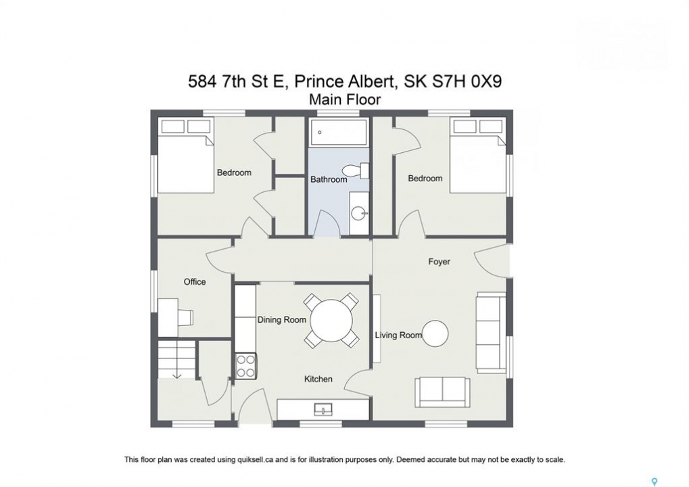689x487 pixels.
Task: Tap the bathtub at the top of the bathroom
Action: click(339, 132)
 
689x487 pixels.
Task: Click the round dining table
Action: click(331, 321)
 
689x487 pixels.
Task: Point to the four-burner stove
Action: click(245, 366)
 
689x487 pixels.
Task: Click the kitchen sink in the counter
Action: click(323, 410)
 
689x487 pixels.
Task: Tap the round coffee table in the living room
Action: click(435, 333)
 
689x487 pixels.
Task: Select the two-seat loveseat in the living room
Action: click(442, 392)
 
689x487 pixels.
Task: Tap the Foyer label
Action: click(439, 262)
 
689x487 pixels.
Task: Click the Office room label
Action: click(195, 282)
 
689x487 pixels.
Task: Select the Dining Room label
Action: click(282, 319)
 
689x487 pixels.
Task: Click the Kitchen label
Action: click(318, 379)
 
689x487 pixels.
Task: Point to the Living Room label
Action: click(398, 335)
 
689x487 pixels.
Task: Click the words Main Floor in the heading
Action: click(345, 99)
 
